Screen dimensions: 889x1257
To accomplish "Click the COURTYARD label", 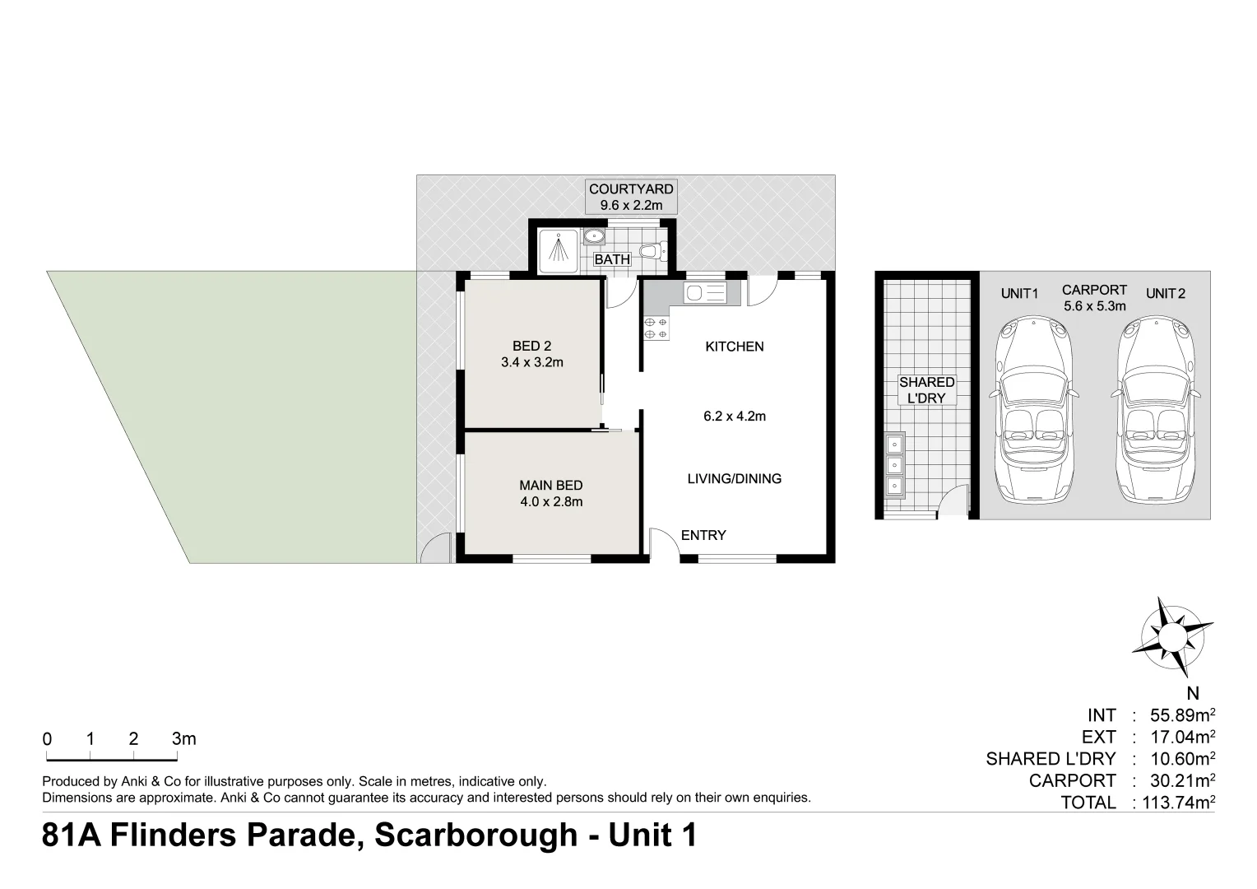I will (x=630, y=189).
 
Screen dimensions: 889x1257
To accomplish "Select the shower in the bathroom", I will (x=559, y=250).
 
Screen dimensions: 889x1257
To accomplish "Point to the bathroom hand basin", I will (x=594, y=238).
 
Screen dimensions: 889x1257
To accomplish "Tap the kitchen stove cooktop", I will (x=656, y=328).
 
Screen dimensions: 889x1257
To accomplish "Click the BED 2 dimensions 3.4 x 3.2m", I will (x=531, y=362).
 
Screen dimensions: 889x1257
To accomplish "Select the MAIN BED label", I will (x=550, y=486).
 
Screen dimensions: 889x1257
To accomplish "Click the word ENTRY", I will (x=703, y=536).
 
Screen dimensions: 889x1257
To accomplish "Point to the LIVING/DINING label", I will (x=734, y=479).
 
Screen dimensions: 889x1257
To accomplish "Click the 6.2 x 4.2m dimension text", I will (x=734, y=417).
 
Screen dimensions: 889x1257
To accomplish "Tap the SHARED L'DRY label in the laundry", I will (x=926, y=390).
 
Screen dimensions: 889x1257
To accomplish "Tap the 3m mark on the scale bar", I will (x=183, y=739).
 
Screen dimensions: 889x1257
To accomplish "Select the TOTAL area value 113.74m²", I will (x=1174, y=803).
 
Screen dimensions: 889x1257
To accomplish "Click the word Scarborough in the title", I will (x=475, y=835).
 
